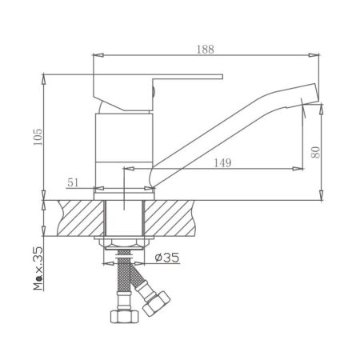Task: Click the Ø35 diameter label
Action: [x=166, y=257]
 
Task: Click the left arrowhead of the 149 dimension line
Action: [x=126, y=169]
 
